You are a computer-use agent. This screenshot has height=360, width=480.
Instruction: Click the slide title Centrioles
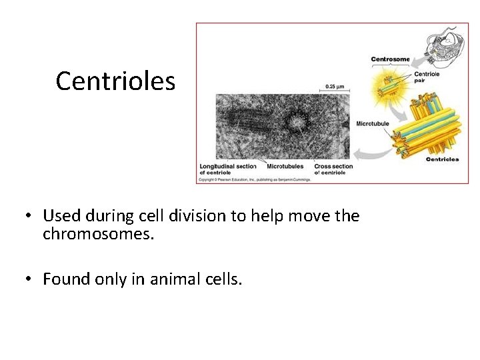(x=115, y=81)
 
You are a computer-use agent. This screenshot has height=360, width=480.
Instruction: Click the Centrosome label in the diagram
(x=390, y=59)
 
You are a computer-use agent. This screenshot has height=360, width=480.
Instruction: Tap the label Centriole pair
(x=427, y=77)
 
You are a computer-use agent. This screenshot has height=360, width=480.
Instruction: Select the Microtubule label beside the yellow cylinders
(x=373, y=124)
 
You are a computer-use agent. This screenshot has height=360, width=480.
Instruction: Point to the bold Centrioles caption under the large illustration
(x=442, y=159)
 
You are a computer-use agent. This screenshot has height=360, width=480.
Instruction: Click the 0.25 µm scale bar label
(x=335, y=86)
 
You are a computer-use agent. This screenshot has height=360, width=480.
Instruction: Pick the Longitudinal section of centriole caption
(x=228, y=169)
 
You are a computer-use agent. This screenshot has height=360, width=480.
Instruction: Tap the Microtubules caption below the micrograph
(x=285, y=166)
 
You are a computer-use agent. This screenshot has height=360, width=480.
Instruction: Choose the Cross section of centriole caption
(x=333, y=169)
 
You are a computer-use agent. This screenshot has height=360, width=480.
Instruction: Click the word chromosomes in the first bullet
(x=99, y=234)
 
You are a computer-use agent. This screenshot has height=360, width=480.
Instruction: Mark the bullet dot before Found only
(x=27, y=279)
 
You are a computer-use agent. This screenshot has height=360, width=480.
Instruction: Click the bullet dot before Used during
(x=27, y=216)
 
